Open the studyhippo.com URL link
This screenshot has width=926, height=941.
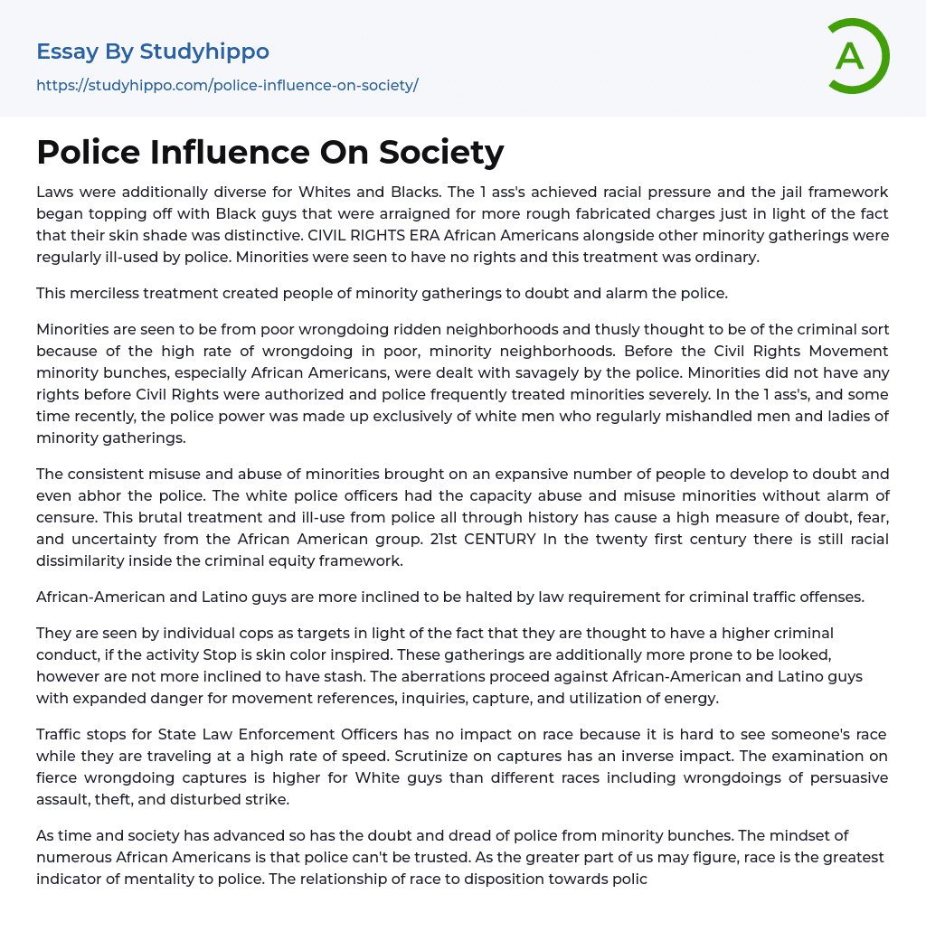coord(227,86)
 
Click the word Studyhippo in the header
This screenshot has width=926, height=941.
coord(204,52)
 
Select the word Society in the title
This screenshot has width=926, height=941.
coord(441,152)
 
